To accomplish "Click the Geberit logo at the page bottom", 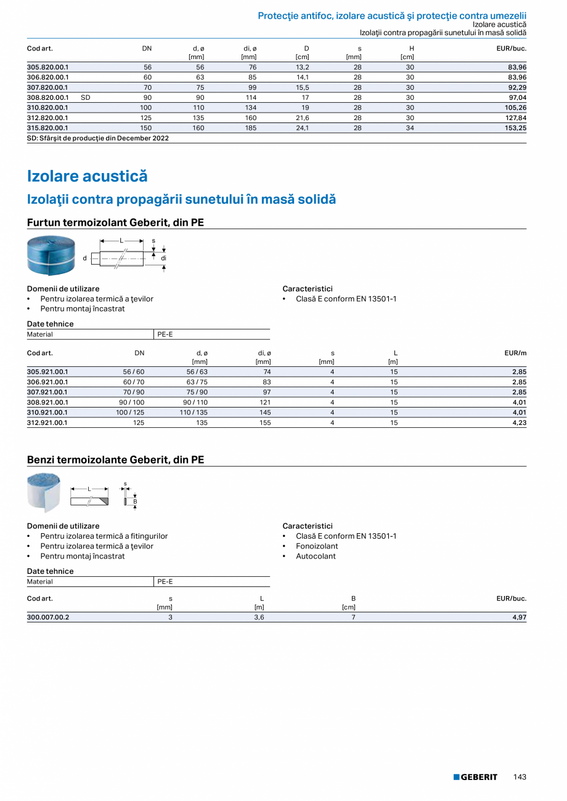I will [x=475, y=777].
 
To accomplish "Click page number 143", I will [x=520, y=777].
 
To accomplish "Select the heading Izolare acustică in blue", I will [x=88, y=176].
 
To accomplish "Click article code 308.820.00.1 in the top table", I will [x=48, y=97].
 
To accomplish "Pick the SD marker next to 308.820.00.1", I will [x=86, y=97].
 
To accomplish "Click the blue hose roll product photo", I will [x=51, y=256].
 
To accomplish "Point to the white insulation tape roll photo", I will [x=44, y=492].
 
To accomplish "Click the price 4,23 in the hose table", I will [x=520, y=423].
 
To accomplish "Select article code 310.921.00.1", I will [x=48, y=413].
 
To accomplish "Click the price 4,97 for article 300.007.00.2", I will [x=520, y=617].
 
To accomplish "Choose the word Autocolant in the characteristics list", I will [x=316, y=556].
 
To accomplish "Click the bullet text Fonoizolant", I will [x=317, y=546].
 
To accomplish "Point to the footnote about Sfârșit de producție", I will [x=98, y=139].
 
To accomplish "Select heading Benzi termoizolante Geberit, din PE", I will [x=116, y=460].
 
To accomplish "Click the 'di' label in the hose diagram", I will [x=164, y=259].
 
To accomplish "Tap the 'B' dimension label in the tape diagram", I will [x=135, y=501].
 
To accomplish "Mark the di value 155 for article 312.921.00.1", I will [x=266, y=423].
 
